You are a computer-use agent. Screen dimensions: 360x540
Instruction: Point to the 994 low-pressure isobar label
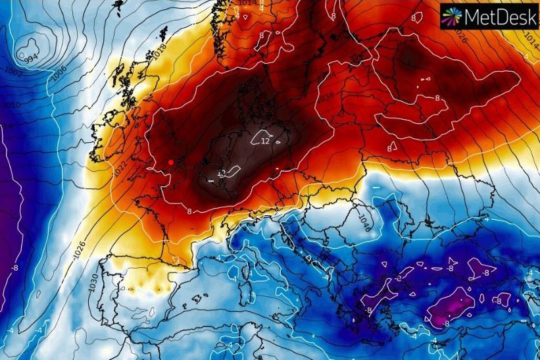coord(30,59)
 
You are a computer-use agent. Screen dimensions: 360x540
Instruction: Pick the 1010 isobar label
coord(12,105)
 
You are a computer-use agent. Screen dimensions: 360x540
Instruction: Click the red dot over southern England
coord(170,161)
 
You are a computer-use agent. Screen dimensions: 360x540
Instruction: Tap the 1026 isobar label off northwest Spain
coord(80,249)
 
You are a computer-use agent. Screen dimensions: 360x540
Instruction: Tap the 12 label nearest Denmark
coord(265,141)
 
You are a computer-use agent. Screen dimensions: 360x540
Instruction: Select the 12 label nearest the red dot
coord(222,173)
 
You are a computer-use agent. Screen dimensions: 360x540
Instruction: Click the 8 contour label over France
coord(189,211)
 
